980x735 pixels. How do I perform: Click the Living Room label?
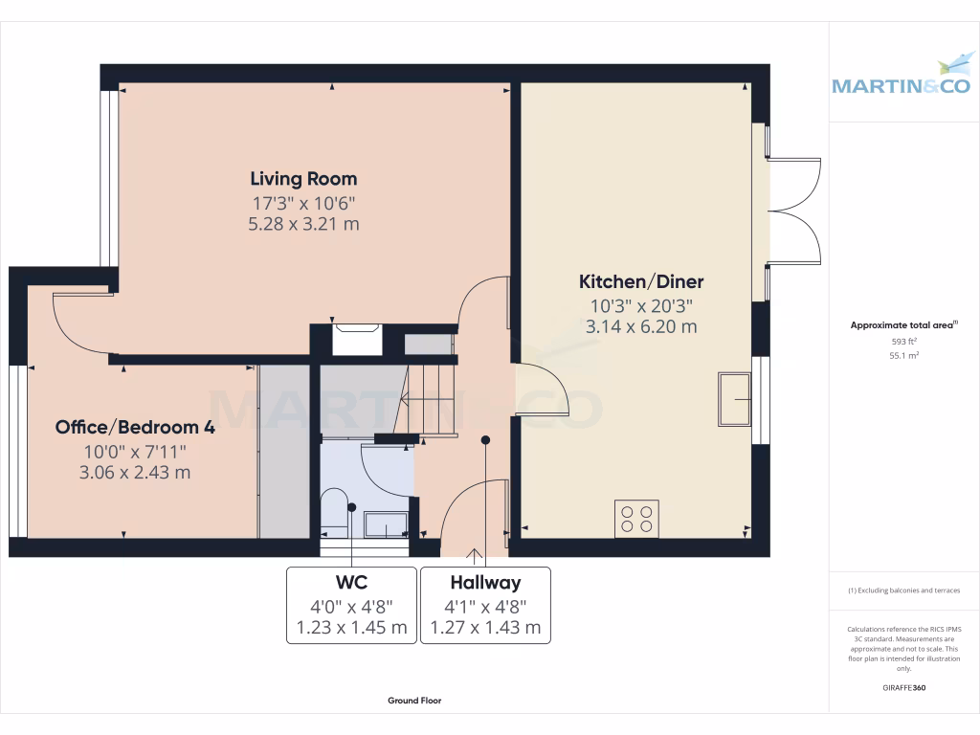tap(303, 179)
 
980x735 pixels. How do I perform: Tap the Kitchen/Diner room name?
tap(641, 282)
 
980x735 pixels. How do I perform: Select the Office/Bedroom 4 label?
tap(135, 428)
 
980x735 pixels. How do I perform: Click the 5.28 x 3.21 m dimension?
tap(303, 224)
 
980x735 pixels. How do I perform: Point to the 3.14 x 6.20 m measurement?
tap(641, 326)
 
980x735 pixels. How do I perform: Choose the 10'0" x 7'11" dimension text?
tap(135, 451)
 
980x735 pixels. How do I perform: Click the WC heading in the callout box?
tap(351, 582)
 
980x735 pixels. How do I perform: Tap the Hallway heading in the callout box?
tap(485, 582)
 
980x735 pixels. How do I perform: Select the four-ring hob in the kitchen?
tap(636, 518)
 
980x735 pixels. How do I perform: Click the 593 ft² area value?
tap(903, 341)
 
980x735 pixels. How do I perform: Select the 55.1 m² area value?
tap(903, 355)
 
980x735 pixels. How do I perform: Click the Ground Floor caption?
tap(414, 701)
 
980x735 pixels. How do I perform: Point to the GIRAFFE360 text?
tap(903, 688)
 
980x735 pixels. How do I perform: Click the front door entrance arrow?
tap(474, 554)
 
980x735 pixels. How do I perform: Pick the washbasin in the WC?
tap(387, 523)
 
